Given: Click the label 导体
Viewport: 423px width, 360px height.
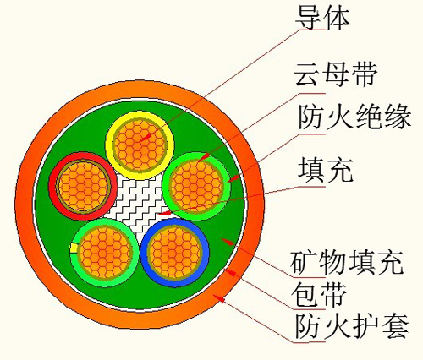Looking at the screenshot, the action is [322, 18].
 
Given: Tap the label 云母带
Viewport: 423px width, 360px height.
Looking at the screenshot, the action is [335, 74].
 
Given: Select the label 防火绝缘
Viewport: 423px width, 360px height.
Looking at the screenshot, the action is [354, 117].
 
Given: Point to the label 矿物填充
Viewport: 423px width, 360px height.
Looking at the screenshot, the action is [347, 263].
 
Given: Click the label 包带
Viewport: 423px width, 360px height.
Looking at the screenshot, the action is [319, 295].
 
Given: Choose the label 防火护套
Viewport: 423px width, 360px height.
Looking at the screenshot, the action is [352, 327].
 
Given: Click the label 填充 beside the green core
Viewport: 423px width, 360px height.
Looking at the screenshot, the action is [326, 170].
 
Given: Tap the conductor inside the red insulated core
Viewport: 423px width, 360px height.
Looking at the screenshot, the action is [83, 186].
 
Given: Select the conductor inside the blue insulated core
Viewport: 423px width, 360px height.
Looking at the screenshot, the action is [175, 253].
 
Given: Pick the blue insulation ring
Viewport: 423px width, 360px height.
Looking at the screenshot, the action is [175, 282].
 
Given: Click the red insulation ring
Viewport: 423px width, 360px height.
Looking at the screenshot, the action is [53, 186].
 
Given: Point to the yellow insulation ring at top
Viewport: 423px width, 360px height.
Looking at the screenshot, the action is [140, 115].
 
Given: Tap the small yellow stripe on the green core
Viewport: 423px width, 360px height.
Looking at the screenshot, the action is [74, 248].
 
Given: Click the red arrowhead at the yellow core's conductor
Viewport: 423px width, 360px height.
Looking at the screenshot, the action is [146, 138].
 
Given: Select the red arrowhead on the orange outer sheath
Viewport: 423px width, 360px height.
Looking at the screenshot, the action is [219, 298].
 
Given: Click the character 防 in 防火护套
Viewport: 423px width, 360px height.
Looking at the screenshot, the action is [309, 327].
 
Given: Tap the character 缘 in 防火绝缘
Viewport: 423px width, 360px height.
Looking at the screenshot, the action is [397, 117].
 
